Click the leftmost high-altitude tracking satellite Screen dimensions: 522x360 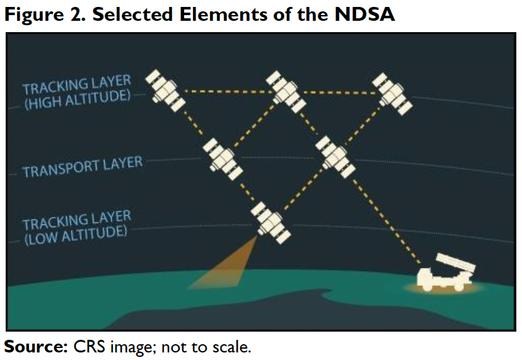165,91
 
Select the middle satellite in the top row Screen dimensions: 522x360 286,92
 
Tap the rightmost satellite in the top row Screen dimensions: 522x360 392,94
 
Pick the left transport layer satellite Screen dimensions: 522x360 223,159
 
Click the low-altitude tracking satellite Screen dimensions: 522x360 270,223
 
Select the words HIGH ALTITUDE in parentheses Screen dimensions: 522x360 77,100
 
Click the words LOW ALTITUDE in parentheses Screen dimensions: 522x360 76,235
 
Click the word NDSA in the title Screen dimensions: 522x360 364,15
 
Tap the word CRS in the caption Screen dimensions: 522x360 89,347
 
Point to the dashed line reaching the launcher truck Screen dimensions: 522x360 385,220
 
